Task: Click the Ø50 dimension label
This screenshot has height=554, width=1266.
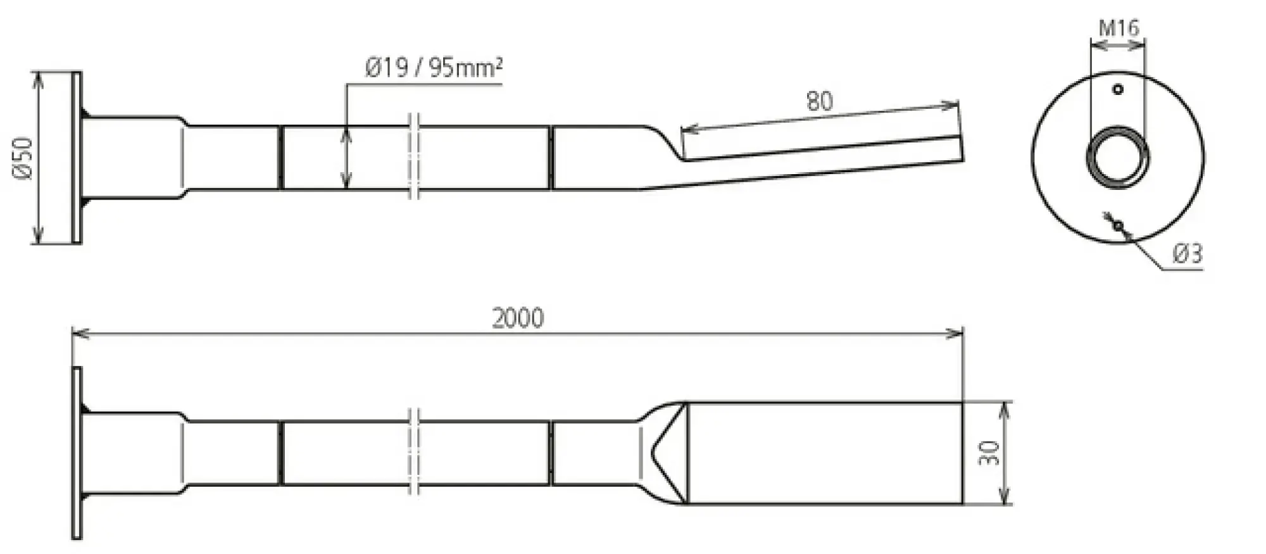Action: coord(23,158)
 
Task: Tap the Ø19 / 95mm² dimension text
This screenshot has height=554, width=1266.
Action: coord(434,66)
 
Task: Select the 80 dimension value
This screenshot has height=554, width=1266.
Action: coord(820,101)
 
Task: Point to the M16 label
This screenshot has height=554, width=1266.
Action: coord(1119,28)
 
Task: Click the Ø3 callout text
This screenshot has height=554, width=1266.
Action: coord(1187,254)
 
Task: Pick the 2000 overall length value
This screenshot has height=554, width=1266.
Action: coord(518,318)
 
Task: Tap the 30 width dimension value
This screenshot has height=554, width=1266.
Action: coord(989,453)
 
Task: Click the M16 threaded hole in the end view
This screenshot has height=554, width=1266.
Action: coord(1118,157)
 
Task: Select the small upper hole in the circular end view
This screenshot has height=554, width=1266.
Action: coord(1118,89)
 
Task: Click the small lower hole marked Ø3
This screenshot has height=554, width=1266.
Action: coord(1119,225)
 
